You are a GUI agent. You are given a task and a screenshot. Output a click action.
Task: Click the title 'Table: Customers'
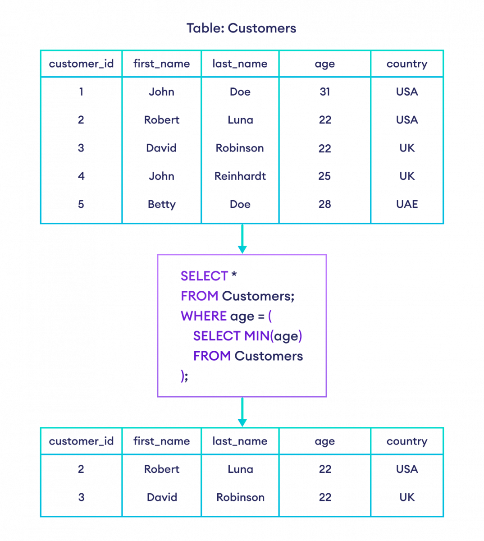[242, 28]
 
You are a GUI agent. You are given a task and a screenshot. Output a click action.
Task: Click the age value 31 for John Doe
[325, 92]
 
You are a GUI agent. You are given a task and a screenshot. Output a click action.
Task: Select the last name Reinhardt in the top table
[240, 176]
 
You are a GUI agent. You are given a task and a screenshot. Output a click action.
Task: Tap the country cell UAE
[407, 204]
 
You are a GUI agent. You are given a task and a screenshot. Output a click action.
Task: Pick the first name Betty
[161, 205]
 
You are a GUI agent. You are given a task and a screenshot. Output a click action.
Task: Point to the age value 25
[325, 176]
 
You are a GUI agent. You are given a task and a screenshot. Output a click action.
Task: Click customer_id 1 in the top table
[81, 92]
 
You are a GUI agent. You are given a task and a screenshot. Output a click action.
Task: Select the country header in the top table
[407, 64]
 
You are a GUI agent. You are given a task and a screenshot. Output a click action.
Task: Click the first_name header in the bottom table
[161, 441]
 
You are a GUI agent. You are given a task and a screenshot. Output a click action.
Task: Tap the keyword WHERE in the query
[204, 316]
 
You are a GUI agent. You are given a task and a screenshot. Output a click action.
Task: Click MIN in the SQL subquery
[256, 336]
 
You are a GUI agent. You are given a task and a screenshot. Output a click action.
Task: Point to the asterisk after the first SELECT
[234, 275]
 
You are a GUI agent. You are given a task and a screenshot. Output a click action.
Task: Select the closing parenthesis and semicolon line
[184, 376]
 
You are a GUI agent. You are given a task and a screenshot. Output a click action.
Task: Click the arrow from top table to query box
[242, 239]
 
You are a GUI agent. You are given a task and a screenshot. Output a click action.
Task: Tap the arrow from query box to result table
[242, 413]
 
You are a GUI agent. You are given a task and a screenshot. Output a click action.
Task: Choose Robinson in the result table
[240, 498]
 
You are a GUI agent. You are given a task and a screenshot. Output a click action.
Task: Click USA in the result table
[407, 469]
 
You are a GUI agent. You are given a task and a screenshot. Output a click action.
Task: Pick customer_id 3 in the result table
[81, 498]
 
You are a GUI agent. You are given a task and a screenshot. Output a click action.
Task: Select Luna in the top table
[240, 120]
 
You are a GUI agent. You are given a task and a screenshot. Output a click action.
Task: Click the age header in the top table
[325, 64]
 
